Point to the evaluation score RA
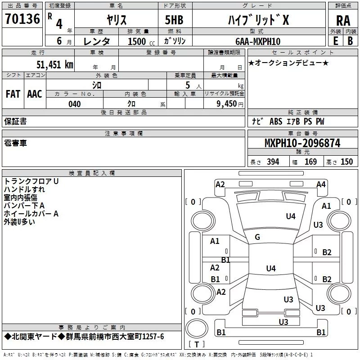tap(343, 21)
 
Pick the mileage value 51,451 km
tap(54, 64)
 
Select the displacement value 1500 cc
tap(139, 41)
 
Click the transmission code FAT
tap(13, 94)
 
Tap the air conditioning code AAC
tap(34, 94)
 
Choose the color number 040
tap(74, 104)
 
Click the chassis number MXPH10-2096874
tap(302, 143)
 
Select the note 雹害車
tap(15, 143)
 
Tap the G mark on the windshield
tap(257, 237)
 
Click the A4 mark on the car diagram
tap(321, 184)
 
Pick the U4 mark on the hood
tap(291, 216)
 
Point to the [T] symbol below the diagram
tap(196, 345)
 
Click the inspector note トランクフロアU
tap(31, 181)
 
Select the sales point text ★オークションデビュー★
tap(288, 63)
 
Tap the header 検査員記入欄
tap(92, 173)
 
